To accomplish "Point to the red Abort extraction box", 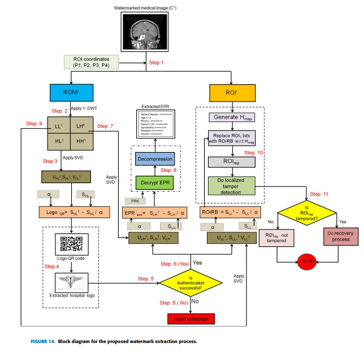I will coord(191,319).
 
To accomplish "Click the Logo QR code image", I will coord(72,246).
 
